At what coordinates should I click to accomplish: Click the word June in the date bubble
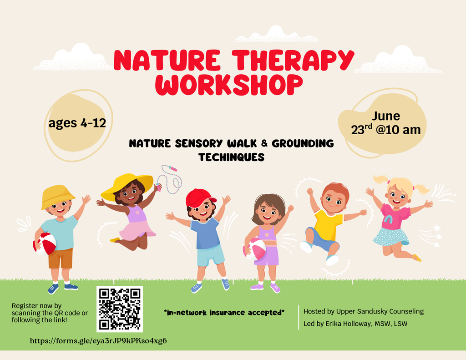[386, 116]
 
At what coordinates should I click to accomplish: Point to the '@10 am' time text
[398, 130]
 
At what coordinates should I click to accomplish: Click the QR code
[120, 309]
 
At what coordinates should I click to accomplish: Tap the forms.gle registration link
[98, 340]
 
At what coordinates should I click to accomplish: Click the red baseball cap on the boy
[199, 197]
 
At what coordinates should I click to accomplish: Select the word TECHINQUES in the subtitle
[232, 157]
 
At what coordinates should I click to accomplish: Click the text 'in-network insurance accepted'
[224, 312]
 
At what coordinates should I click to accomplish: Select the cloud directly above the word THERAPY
[276, 35]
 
